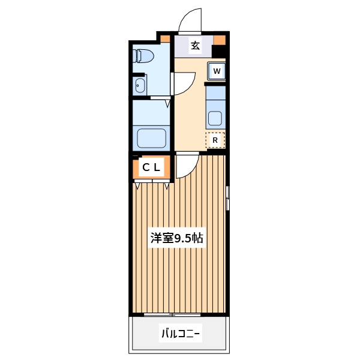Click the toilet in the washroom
[144, 55]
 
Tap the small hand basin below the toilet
[140, 84]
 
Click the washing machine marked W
[217, 71]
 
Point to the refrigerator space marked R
[215, 140]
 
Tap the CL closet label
[151, 168]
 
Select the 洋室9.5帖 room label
[176, 238]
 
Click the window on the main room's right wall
[227, 198]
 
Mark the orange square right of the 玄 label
[219, 40]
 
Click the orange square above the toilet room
[164, 38]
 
